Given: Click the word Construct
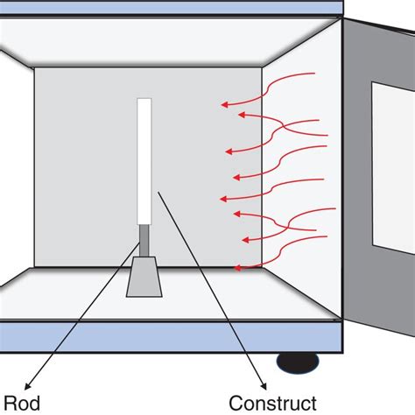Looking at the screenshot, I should (272, 404).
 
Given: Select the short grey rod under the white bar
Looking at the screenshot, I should (144, 240).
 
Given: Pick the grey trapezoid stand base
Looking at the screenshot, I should (144, 278).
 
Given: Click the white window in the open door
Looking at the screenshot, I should (393, 166).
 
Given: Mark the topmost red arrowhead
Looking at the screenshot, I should (224, 105).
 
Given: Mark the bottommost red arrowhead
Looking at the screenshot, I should (238, 266).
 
